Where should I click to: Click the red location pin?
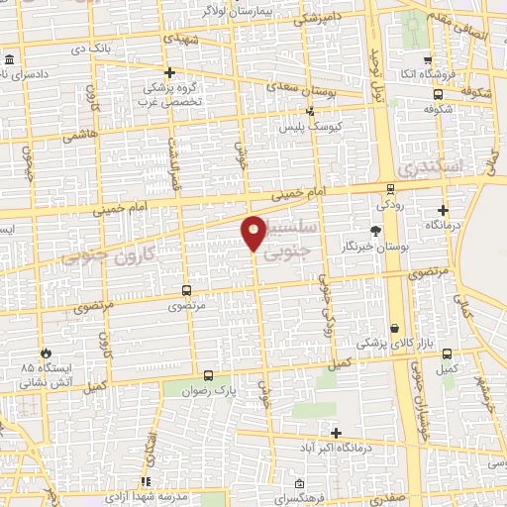[253, 232]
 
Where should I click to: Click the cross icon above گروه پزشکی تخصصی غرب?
[170, 72]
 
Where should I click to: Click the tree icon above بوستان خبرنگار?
[373, 230]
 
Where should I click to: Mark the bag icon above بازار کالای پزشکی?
[395, 329]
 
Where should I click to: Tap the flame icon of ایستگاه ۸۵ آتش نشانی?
[46, 353]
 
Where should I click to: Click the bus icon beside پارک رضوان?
[208, 375]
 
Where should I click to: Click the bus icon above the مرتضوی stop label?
[186, 290]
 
